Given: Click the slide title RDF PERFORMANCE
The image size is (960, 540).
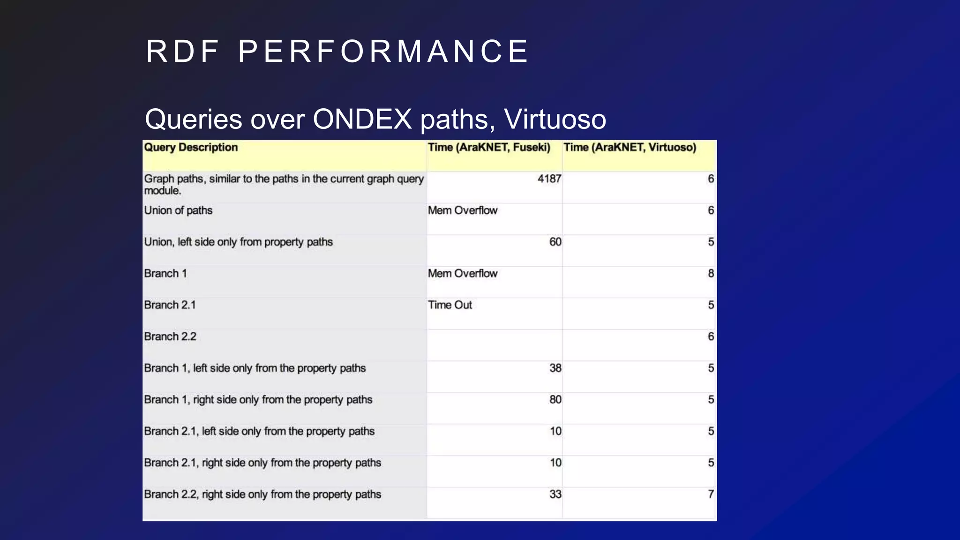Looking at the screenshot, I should point(337,51).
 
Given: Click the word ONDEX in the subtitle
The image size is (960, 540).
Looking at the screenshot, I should point(362,119).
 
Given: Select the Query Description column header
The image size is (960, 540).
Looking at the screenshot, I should point(191,147).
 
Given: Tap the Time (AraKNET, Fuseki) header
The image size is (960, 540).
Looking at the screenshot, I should point(489,147).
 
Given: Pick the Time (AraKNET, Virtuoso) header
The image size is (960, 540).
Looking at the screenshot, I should point(630,147).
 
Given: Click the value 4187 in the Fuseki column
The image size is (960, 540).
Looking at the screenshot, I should point(549,179).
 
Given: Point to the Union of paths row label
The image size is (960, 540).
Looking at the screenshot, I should point(178,210).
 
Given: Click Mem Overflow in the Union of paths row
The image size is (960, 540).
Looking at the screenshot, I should point(462,210).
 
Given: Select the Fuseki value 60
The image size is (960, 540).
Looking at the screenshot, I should point(555,242).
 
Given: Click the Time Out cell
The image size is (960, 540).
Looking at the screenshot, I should point(450,305).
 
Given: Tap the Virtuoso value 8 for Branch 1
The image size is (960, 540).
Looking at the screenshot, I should point(711,273).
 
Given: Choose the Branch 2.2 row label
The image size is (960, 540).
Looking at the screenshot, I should point(170,337).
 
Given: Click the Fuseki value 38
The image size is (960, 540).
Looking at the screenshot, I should point(555,368).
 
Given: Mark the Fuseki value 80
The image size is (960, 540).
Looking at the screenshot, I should point(555,399).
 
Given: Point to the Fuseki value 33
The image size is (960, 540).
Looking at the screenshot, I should point(555,494).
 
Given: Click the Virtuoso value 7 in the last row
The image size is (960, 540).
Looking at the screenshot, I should point(711,494).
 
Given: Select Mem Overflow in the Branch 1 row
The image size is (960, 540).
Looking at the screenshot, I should point(462,273).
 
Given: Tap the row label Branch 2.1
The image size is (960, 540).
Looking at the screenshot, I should point(170,305).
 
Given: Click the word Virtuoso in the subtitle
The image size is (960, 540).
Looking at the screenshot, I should point(555,119).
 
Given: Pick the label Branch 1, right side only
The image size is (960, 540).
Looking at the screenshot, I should point(258,400).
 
